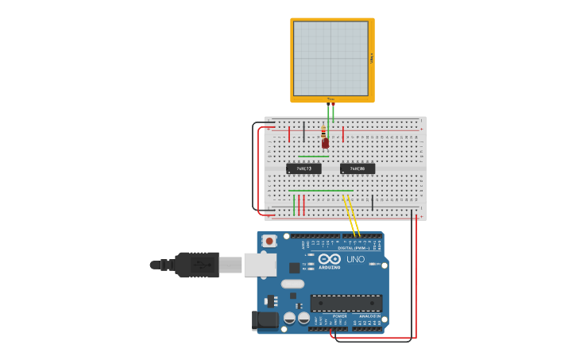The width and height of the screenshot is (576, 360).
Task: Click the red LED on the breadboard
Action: coord(325,144)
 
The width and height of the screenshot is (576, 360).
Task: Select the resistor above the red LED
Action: coord(323,133)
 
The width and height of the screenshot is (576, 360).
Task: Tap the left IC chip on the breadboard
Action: coord(303,168)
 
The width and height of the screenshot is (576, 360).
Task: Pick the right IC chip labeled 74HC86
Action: coord(358,168)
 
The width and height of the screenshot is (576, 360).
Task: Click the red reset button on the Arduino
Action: coord(270,240)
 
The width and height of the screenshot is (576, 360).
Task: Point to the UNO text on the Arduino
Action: coord(355,259)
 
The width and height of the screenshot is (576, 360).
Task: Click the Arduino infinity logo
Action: coord(330,259)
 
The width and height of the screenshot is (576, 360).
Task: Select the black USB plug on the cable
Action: coord(195,265)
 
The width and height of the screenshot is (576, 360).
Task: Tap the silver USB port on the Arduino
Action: coord(258,265)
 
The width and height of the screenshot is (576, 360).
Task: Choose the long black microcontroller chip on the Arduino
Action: coord(346,302)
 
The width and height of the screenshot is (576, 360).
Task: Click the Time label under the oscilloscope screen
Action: coord(331,99)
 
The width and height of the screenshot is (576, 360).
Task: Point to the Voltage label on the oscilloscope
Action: coord(371,59)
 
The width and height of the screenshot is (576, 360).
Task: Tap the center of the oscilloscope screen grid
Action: coord(331,59)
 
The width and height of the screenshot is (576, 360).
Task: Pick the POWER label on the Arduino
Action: coord(339,315)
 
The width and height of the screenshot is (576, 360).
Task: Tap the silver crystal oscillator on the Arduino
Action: coord(292,284)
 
